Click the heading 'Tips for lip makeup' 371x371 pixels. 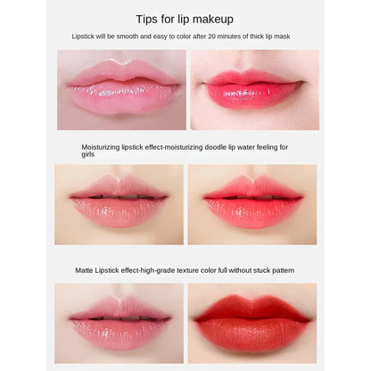[185, 19]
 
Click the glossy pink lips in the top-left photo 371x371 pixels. [121, 91]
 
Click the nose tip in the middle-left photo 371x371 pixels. [119, 169]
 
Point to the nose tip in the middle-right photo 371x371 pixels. [252, 169]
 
